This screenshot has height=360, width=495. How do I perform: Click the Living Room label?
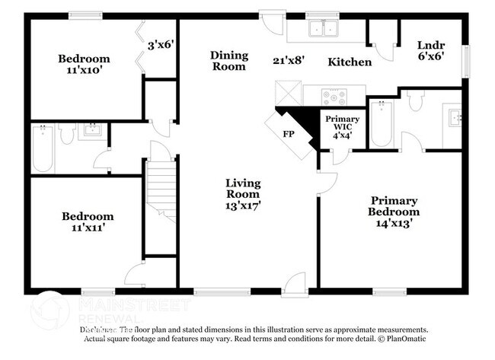[x=243, y=190]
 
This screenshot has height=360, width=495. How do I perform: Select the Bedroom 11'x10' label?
[x=85, y=65]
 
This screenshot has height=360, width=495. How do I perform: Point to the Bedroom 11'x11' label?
[x=88, y=222]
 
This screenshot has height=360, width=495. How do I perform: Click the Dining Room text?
[x=228, y=60]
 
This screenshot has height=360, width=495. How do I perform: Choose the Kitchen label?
[x=350, y=62]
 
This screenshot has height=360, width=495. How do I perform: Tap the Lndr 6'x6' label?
[x=430, y=50]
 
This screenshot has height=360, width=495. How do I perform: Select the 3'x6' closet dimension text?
[x=161, y=44]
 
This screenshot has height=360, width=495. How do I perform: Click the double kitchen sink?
[x=324, y=29]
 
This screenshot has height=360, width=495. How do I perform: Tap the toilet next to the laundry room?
[x=415, y=101]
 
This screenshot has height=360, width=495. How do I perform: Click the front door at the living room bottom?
[x=292, y=288]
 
